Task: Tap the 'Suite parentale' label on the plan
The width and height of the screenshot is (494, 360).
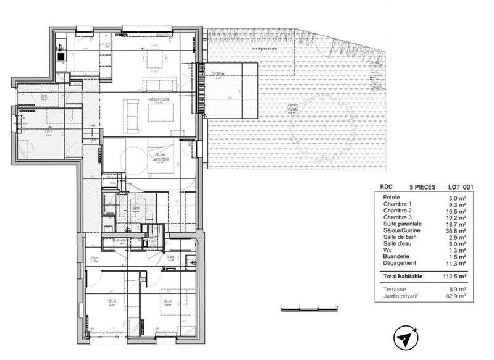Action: coord(159,157)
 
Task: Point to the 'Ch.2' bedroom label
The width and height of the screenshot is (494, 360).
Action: coord(167,301)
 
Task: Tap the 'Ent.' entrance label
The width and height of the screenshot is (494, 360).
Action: coord(44,96)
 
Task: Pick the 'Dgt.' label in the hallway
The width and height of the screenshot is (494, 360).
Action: coord(94,258)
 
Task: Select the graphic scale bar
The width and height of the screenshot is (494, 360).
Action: coord(311,308)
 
